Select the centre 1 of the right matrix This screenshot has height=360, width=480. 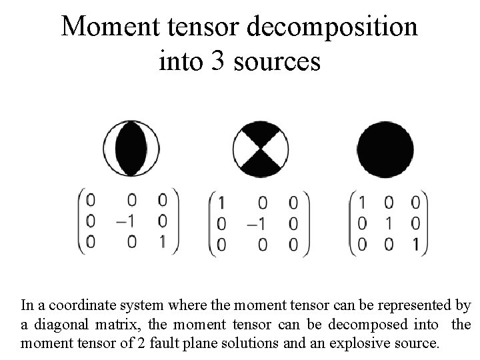click(x=389, y=222)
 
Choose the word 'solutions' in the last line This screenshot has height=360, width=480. click(x=268, y=344)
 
